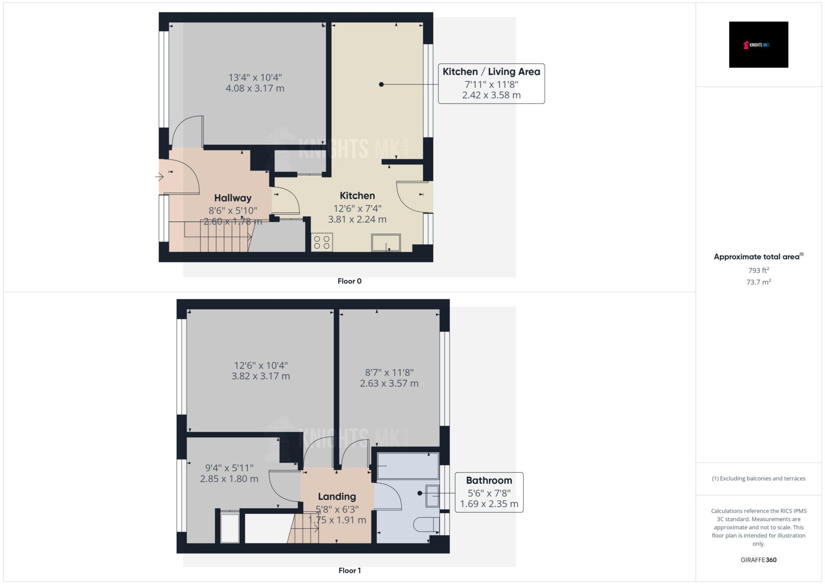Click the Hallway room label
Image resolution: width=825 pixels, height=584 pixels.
click(x=232, y=198)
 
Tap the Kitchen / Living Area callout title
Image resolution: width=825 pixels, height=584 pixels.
click(x=491, y=72)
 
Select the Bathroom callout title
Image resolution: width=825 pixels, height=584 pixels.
click(x=489, y=480)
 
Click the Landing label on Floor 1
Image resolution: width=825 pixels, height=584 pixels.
click(x=337, y=497)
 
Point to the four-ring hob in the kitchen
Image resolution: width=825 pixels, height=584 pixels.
click(x=322, y=242)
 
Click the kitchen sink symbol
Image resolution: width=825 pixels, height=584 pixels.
click(x=386, y=243)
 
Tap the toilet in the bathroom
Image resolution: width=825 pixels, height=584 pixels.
click(x=427, y=524)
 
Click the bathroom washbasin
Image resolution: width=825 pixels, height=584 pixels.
click(x=433, y=496)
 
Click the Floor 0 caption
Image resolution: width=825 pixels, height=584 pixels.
click(x=349, y=281)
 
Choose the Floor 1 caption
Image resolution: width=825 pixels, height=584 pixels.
click(x=349, y=571)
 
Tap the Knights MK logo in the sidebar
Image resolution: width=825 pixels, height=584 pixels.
click(x=759, y=45)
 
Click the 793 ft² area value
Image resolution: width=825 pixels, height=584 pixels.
click(x=759, y=270)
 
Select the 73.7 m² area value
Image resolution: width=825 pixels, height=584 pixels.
click(x=759, y=282)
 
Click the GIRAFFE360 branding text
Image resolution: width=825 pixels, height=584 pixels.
click(x=759, y=560)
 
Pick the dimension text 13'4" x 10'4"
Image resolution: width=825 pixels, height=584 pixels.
click(x=255, y=77)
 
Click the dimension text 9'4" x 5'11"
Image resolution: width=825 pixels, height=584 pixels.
click(x=229, y=468)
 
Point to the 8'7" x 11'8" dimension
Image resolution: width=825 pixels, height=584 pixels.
click(x=389, y=373)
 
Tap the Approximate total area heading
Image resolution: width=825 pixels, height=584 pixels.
click(x=759, y=257)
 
